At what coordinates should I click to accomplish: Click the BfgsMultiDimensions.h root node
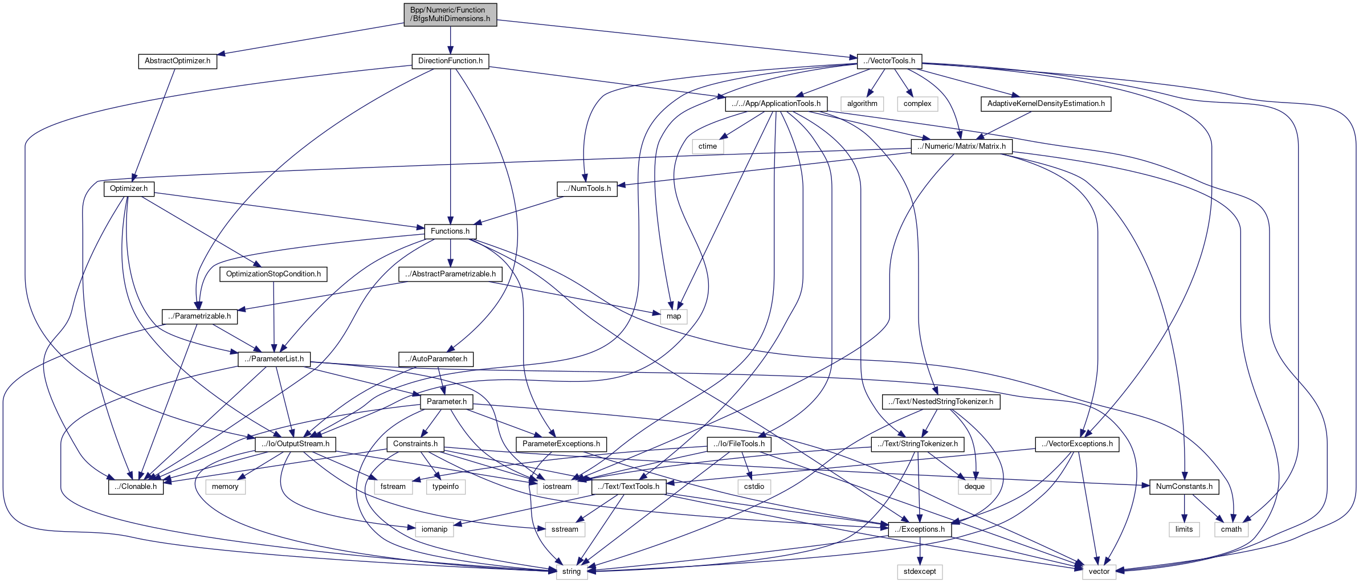click(x=450, y=14)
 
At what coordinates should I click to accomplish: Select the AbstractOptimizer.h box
click(x=177, y=61)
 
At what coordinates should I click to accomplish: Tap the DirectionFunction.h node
click(x=450, y=61)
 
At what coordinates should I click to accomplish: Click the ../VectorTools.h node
click(x=889, y=61)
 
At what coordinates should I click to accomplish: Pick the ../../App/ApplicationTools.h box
click(x=776, y=104)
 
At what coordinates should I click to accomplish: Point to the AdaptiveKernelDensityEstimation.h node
click(x=1046, y=104)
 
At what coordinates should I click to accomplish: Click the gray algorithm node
click(x=862, y=104)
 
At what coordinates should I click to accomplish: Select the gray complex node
click(x=917, y=104)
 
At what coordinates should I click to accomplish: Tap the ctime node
click(x=708, y=146)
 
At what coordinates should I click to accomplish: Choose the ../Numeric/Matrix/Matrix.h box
click(x=961, y=146)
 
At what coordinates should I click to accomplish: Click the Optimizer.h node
click(x=129, y=189)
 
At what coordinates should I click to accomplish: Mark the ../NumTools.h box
click(x=587, y=189)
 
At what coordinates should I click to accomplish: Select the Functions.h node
click(x=450, y=231)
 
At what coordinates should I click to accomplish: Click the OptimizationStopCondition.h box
click(x=274, y=274)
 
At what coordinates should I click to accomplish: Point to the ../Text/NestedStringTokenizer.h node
click(x=941, y=402)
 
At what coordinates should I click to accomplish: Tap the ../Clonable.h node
click(x=136, y=487)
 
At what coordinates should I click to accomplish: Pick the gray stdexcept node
click(x=920, y=572)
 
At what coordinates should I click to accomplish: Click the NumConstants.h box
click(x=1184, y=487)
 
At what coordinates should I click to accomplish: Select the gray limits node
click(x=1184, y=529)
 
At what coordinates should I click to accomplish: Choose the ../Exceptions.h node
click(x=920, y=529)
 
